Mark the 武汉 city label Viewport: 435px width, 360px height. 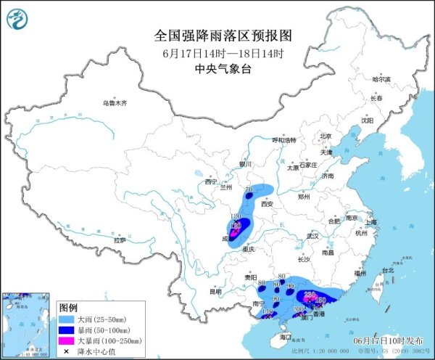(x=312, y=236)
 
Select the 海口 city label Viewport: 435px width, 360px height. (x=285, y=336)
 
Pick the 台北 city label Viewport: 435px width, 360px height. (x=386, y=271)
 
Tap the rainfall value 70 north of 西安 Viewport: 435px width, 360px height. (x=249, y=190)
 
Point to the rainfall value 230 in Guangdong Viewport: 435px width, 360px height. (x=309, y=294)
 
